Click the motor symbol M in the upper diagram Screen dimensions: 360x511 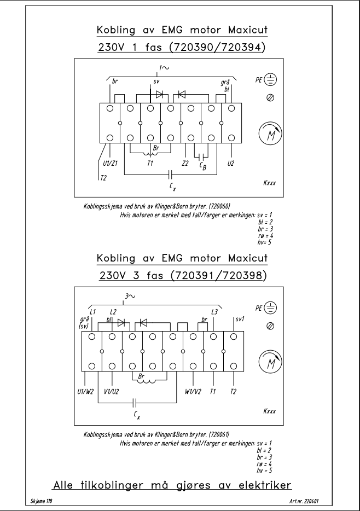[x=270, y=133]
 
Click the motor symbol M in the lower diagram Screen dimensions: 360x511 [x=270, y=361]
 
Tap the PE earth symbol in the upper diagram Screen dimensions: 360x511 [x=270, y=79]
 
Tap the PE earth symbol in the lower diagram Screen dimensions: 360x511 [x=270, y=307]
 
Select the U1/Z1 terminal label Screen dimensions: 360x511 [x=110, y=163]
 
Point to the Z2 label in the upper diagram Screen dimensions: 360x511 [x=185, y=163]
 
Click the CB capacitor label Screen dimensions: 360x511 [x=203, y=166]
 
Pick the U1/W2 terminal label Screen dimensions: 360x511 [x=85, y=391]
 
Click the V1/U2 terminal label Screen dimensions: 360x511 [x=112, y=391]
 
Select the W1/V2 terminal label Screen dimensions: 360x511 [x=193, y=391]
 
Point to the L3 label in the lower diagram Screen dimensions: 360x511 [x=214, y=312]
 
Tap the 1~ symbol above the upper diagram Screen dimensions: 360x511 [x=164, y=68]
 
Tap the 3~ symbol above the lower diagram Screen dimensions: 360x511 [x=130, y=296]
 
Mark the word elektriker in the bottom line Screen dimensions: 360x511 [x=265, y=485]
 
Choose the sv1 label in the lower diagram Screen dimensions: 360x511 [x=240, y=319]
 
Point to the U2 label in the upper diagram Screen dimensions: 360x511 [x=231, y=163]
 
